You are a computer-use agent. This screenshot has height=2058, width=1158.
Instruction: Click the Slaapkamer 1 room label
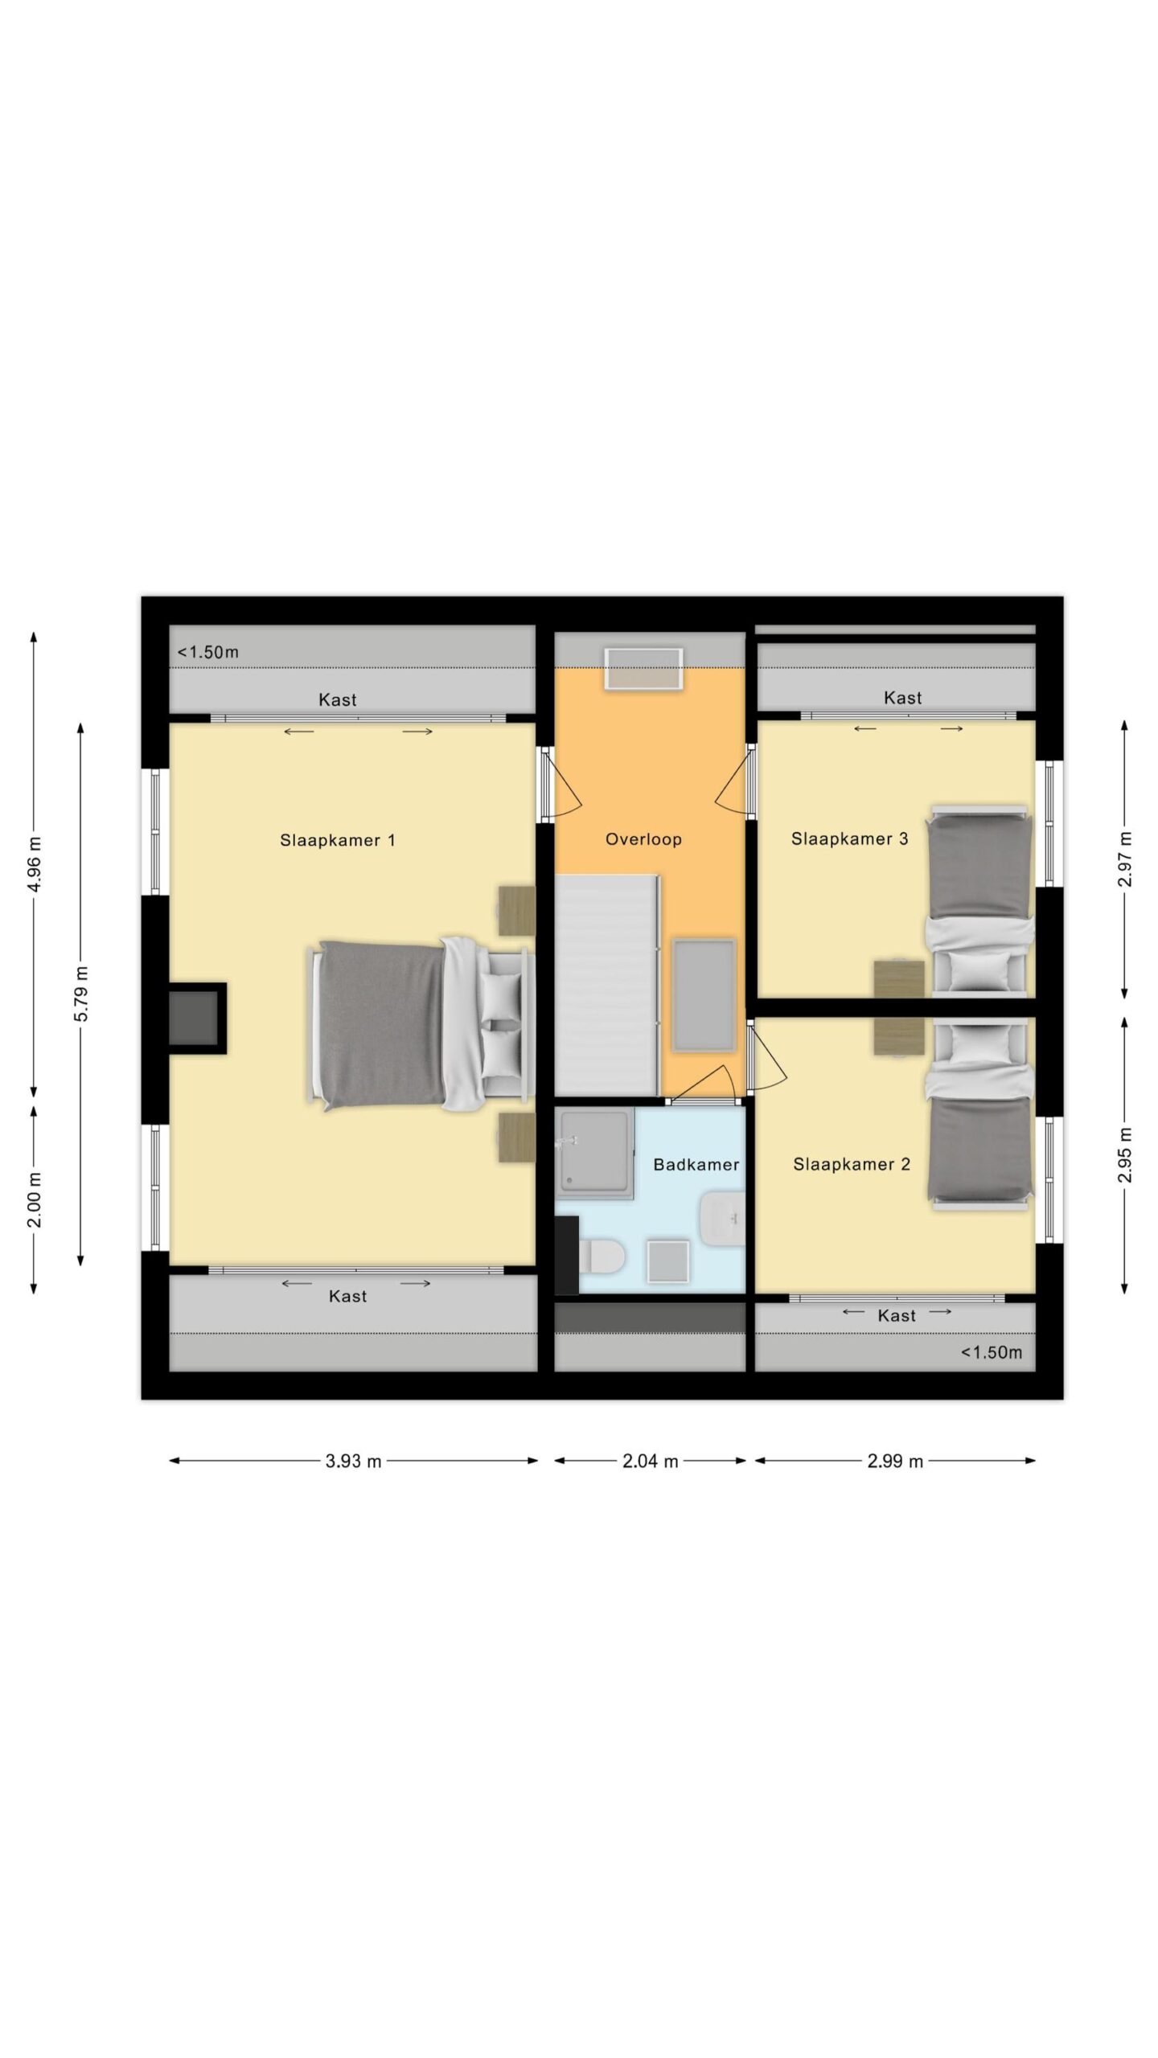click(337, 840)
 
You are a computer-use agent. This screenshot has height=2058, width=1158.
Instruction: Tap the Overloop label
click(643, 839)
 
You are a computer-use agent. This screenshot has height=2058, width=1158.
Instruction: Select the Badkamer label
click(696, 1164)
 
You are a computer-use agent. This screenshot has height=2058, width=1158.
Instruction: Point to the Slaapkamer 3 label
click(849, 838)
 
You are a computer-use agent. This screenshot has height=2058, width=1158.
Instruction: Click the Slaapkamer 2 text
click(852, 1164)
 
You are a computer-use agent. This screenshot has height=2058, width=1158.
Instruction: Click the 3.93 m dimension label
click(353, 1462)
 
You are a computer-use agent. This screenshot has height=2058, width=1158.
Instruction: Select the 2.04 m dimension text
click(650, 1462)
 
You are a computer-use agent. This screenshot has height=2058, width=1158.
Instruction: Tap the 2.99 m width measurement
click(895, 1462)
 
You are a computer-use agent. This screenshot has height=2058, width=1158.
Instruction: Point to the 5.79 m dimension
click(81, 994)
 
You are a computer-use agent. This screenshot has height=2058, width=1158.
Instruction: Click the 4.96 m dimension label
click(35, 864)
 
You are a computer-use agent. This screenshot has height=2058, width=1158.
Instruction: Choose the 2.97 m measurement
click(1125, 859)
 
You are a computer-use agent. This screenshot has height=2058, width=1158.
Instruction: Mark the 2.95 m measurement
click(1125, 1154)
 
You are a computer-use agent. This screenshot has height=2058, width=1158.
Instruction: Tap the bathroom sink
click(723, 1218)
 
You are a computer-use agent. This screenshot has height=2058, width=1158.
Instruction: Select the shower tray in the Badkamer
click(595, 1154)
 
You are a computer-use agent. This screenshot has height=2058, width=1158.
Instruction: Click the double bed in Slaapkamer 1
click(422, 1025)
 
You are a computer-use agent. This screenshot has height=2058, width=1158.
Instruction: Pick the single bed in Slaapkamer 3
click(979, 901)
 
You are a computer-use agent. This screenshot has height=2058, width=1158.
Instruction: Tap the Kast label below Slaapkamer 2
click(897, 1315)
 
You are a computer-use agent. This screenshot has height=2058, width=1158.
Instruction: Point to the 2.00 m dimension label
click(35, 1200)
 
